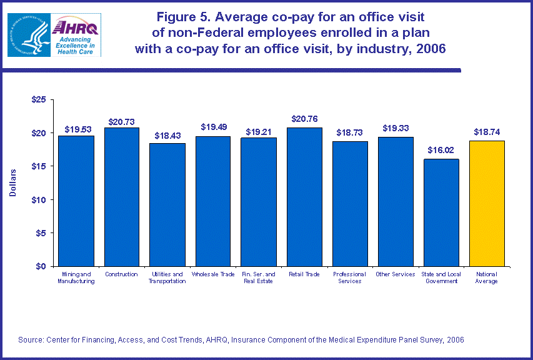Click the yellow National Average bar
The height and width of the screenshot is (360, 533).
486,203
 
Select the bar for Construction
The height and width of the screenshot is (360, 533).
121,197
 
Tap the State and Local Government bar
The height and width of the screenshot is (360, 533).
441,212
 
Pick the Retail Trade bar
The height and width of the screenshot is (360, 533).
304,197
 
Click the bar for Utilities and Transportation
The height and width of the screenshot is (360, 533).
167,204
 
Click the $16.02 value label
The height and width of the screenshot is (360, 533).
441,151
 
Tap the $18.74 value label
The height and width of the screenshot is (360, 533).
486,132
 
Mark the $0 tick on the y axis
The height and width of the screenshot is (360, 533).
41,266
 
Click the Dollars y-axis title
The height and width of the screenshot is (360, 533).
13,182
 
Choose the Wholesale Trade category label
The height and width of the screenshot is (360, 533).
212,274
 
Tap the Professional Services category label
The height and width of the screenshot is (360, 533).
349,277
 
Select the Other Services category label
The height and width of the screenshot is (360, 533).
395,274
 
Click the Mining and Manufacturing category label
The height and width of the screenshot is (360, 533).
76,277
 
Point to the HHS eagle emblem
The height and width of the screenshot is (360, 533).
28,34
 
